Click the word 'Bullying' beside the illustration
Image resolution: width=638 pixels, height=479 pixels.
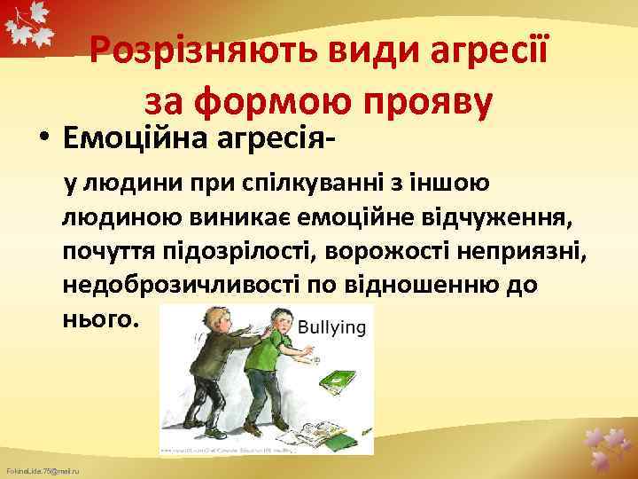tap(331, 327)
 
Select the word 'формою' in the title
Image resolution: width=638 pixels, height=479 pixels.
tap(256, 104)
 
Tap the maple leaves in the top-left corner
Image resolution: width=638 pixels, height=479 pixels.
tap(27, 31)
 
